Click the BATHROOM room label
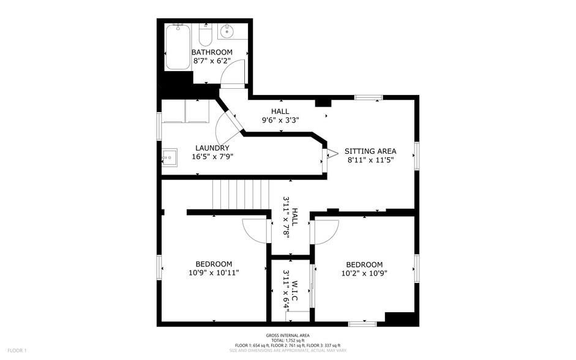click(212, 52)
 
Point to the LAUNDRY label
click(212, 148)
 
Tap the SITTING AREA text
click(370, 151)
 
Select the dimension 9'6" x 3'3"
click(280, 120)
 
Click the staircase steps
click(241, 194)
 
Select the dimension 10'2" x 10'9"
click(364, 273)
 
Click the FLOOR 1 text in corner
click(17, 350)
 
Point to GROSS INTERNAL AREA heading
click(288, 335)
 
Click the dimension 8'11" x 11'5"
click(370, 160)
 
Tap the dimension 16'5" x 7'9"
click(212, 156)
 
